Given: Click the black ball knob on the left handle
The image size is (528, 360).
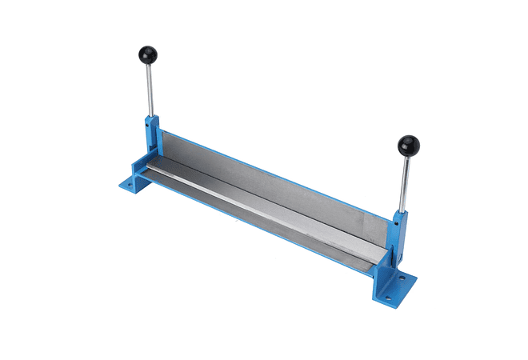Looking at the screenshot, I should pos(147,55).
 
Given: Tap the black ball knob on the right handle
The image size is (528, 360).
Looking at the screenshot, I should pos(408,146).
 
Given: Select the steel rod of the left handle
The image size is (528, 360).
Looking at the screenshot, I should pos(149,92).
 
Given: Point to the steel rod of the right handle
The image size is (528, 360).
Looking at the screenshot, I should pos(405,184).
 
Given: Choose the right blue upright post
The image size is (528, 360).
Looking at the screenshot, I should pos(397,240).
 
